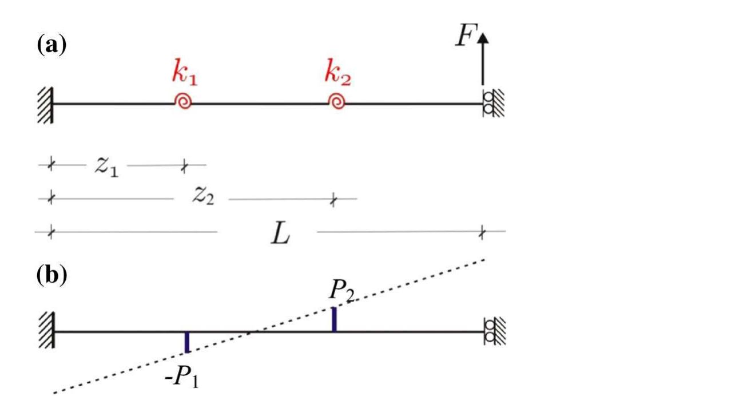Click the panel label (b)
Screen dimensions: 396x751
pyautogui.click(x=51, y=276)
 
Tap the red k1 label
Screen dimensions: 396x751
pyautogui.click(x=185, y=72)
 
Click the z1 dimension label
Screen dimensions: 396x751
pyautogui.click(x=106, y=167)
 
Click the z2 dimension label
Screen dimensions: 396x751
pyautogui.click(x=202, y=197)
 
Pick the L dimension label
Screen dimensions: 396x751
pyautogui.click(x=280, y=233)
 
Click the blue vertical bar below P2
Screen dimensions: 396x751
pyautogui.click(x=334, y=319)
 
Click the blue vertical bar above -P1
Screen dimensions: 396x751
pyautogui.click(x=187, y=342)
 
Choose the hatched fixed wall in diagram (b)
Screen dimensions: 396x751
pyautogui.click(x=45, y=332)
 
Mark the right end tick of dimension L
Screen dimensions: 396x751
pyautogui.click(x=482, y=232)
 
